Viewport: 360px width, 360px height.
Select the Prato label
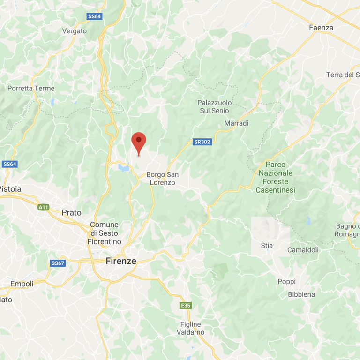tap(71, 212)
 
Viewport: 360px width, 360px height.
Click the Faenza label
tap(321, 28)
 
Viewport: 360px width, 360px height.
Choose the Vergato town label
tap(75, 31)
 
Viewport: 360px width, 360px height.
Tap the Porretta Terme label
tap(31, 88)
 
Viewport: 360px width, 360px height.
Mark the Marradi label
tap(236, 123)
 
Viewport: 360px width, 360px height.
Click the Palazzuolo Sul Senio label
tap(213, 106)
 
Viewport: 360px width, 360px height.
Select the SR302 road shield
tap(202, 141)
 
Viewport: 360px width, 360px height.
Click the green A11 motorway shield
tap(44, 207)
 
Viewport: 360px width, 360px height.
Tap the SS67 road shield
tap(57, 263)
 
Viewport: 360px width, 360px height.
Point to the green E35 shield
tap(186, 306)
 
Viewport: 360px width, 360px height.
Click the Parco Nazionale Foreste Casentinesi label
tap(275, 177)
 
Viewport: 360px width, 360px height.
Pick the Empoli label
tap(22, 284)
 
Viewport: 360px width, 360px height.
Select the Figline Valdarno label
tap(190, 328)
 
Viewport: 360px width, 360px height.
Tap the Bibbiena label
tap(302, 294)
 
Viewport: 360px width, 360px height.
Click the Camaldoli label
tap(303, 250)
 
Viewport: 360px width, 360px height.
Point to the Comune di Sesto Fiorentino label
tap(104, 233)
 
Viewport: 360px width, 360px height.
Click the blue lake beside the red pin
tap(124, 167)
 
